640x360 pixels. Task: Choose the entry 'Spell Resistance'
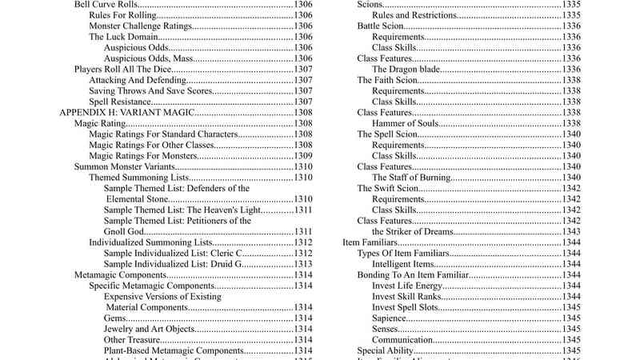(119, 102)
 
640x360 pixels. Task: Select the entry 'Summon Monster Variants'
(122, 166)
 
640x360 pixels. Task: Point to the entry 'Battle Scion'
(382, 26)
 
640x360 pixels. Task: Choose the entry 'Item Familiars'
(370, 242)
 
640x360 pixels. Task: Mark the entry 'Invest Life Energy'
(408, 286)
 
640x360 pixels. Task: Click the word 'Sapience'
(390, 318)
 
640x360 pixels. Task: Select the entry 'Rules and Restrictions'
(417, 15)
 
